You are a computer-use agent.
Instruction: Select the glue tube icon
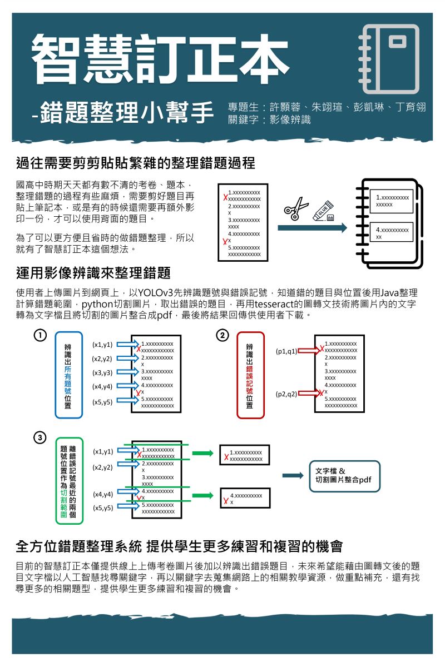[324, 210]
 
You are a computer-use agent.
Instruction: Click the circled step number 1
[39, 335]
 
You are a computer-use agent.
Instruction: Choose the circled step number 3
[39, 437]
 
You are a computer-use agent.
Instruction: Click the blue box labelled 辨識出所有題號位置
[68, 376]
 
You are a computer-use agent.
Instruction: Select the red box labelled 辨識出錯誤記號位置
[250, 376]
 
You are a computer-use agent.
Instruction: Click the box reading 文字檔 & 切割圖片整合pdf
[344, 476]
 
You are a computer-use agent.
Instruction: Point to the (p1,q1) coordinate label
[286, 351]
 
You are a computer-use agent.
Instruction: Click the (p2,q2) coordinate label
[286, 394]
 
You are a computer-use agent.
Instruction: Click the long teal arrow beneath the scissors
[312, 227]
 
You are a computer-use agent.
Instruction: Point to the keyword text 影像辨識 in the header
[290, 120]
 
